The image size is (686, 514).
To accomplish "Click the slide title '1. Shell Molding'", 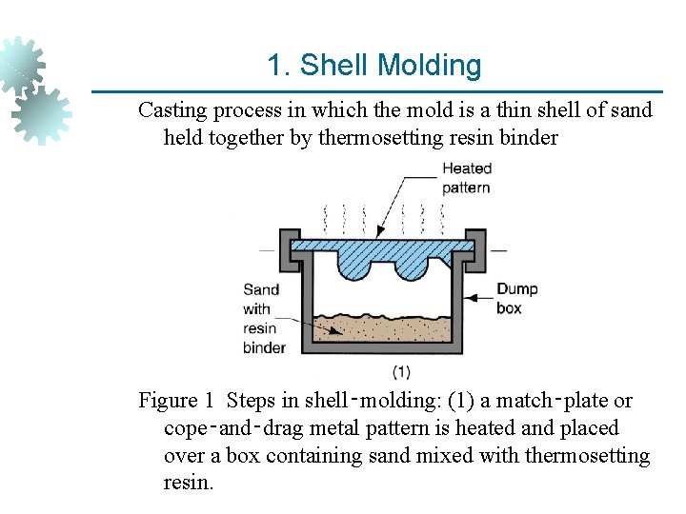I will click(374, 66).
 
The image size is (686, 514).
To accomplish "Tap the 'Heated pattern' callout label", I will click(466, 178).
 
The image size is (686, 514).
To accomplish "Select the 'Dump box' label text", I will click(516, 299).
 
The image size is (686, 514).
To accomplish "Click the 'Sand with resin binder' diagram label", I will click(264, 318).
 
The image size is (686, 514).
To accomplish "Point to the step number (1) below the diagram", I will click(401, 370).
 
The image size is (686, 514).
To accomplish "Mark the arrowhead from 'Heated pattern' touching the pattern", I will click(380, 235).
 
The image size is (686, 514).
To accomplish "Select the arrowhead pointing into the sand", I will click(338, 332).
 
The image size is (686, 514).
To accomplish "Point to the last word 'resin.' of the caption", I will click(190, 483).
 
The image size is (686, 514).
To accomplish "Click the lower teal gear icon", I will click(41, 113).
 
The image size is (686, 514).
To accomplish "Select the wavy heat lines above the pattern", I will click(382, 211).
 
